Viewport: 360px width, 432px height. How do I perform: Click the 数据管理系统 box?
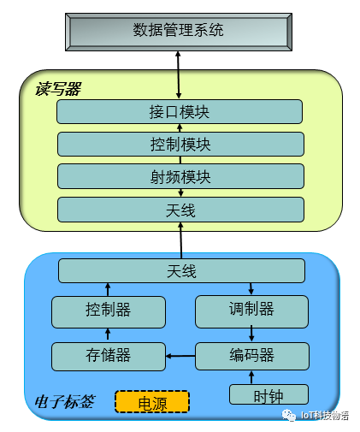click(179, 32)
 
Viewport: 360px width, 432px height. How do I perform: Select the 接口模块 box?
click(180, 111)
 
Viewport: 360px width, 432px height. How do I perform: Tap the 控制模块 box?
click(180, 144)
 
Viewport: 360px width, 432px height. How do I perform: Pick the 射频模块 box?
click(180, 176)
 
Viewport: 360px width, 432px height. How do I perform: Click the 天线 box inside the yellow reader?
click(180, 210)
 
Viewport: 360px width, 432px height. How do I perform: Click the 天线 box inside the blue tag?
click(181, 270)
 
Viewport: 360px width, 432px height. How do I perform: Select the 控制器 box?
click(109, 312)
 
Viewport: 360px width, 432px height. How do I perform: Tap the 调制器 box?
click(251, 311)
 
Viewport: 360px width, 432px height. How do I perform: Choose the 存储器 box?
click(109, 357)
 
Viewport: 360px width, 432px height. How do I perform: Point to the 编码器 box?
click(252, 356)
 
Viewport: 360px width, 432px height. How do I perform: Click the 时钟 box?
click(269, 394)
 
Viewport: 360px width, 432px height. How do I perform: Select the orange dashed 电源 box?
click(152, 402)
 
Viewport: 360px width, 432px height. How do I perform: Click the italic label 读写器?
click(58, 89)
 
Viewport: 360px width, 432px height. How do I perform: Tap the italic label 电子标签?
click(65, 402)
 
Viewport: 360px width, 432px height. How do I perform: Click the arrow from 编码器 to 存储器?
click(180, 356)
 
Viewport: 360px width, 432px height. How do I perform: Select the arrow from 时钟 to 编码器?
click(251, 377)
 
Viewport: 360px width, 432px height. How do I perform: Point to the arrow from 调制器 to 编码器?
click(251, 334)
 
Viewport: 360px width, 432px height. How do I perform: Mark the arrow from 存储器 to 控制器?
click(108, 334)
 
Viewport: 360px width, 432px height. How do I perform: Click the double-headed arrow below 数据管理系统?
click(179, 75)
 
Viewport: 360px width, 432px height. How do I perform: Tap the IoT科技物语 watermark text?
click(325, 416)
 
